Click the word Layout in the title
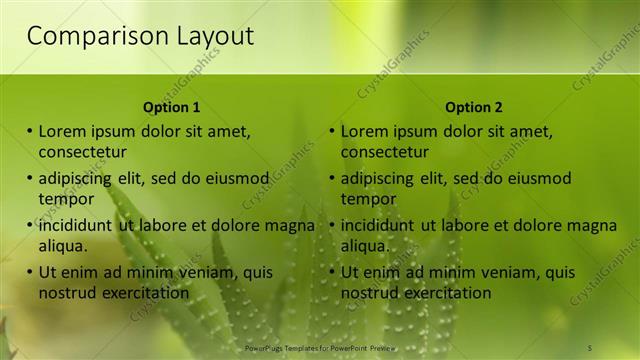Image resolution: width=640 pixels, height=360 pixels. [x=211, y=37]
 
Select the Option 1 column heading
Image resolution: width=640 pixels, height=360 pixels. [x=172, y=107]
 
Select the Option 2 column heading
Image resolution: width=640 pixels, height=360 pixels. [x=474, y=107]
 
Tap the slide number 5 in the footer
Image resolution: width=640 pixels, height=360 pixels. [x=590, y=347]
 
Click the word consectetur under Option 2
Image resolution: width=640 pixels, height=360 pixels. [x=384, y=152]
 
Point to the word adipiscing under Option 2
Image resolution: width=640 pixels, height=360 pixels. [x=380, y=178]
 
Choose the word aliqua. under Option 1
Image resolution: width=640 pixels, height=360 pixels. [x=63, y=246]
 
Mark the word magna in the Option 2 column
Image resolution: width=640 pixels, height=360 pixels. [x=594, y=225]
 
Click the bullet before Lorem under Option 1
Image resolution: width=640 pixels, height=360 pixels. [x=30, y=131]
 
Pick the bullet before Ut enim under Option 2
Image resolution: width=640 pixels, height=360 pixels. [x=332, y=272]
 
